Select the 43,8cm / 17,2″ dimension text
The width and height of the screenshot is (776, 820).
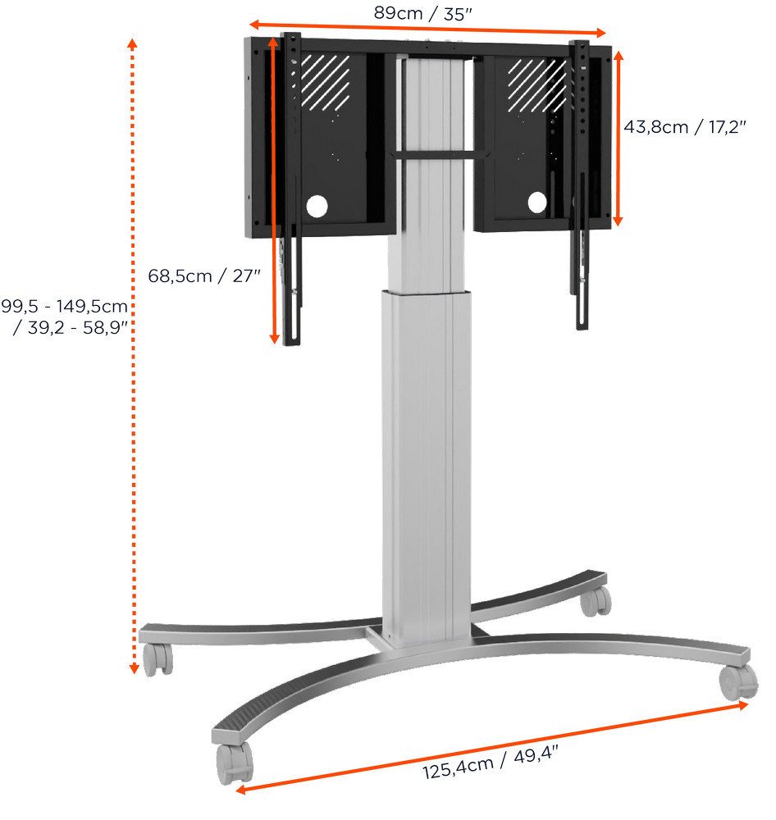684,128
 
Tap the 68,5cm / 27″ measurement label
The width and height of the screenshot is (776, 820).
204,276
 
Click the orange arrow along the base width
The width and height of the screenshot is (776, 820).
492,746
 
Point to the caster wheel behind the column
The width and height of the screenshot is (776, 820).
595,602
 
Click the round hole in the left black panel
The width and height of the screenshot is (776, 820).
317,205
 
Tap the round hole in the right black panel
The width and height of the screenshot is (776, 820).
537,202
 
